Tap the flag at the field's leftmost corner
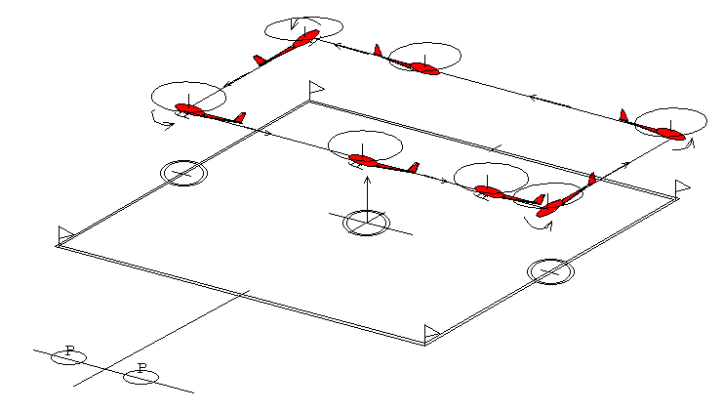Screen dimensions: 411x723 [65, 233]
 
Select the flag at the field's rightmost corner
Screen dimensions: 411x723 [682, 185]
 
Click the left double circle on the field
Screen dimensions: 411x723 [183, 173]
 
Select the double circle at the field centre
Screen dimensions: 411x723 [366, 223]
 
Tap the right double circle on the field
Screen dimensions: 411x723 [550, 270]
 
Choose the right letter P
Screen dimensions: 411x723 [141, 369]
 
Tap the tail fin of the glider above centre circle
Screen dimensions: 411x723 [414, 167]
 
